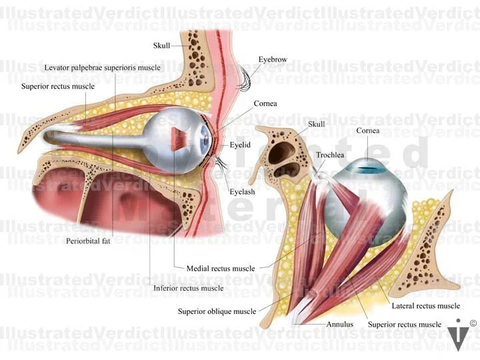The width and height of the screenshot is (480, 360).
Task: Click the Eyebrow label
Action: coord(273,59)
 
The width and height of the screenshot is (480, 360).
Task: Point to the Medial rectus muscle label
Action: coord(221,269)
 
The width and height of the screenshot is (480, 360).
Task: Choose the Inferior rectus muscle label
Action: coord(189,289)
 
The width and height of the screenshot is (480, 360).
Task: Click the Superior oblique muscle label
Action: coord(217,311)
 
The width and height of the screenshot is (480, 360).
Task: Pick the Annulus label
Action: coord(339,325)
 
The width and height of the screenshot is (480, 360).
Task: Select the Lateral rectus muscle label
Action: coord(425,306)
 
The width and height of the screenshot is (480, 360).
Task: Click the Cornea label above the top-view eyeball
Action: coord(367,131)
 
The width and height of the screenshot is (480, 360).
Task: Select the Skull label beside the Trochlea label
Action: coord(316,125)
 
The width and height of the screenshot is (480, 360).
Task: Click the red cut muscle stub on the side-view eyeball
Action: coord(180,138)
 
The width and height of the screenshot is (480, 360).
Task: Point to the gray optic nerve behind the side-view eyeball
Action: coord(93,139)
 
